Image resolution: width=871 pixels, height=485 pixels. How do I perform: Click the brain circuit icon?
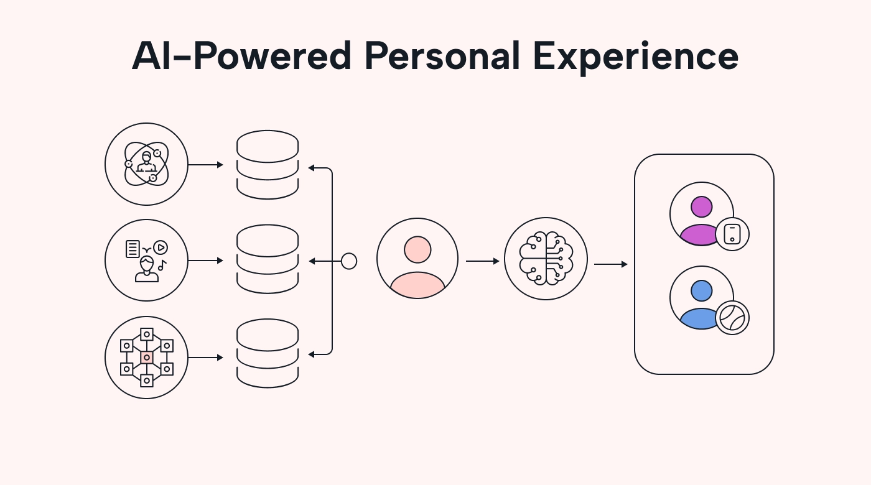(x=546, y=259)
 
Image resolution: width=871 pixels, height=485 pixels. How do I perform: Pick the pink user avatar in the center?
(x=417, y=259)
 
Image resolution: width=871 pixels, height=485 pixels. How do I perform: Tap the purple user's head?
(x=701, y=206)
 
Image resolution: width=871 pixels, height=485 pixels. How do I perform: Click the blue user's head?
(x=701, y=290)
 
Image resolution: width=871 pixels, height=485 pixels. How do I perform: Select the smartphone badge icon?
(x=732, y=234)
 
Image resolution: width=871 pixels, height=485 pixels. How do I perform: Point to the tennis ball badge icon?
(x=732, y=318)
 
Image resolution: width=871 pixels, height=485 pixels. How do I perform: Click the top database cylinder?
(x=268, y=165)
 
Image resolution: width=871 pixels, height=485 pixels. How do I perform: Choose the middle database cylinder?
(x=268, y=259)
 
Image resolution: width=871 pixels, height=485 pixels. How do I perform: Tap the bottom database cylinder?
(x=268, y=354)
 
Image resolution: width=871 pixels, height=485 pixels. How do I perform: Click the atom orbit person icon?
(x=146, y=164)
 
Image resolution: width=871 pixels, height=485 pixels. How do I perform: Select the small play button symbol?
(x=161, y=247)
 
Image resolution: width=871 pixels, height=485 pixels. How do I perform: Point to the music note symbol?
(x=162, y=266)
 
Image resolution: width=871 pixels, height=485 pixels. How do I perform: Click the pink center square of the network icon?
(x=147, y=358)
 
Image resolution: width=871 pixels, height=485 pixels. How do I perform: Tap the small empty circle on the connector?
(x=349, y=261)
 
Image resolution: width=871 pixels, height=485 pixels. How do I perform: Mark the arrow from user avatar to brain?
(x=482, y=261)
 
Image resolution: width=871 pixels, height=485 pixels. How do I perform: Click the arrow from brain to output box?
(x=610, y=264)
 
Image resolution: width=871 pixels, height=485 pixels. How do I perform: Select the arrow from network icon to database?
(x=205, y=358)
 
